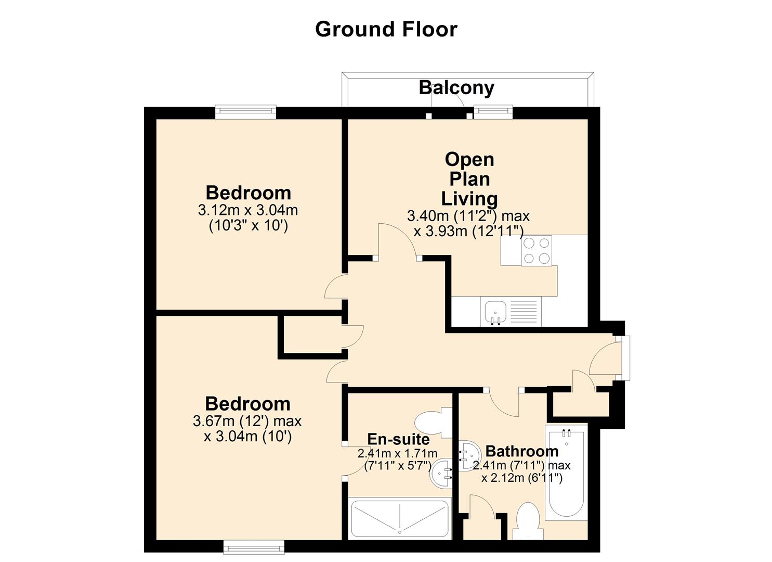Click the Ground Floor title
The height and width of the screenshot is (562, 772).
(386, 29)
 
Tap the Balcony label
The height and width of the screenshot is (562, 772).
(456, 87)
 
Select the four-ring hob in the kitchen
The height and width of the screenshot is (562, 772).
(537, 250)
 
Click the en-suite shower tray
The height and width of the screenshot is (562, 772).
(400, 518)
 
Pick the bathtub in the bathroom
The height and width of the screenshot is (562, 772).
(566, 472)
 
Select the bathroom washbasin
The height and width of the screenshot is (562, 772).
(469, 455)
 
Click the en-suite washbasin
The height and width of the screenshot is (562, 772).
(441, 474)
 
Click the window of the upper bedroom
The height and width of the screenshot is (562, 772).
(246, 112)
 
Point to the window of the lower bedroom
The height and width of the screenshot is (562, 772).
(254, 547)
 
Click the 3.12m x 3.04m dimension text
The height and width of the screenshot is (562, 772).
(248, 210)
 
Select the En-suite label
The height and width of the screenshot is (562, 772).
(398, 439)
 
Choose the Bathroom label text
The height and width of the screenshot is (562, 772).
(522, 451)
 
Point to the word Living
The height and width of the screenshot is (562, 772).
(469, 199)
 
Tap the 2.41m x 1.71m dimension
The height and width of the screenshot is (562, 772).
(397, 453)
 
